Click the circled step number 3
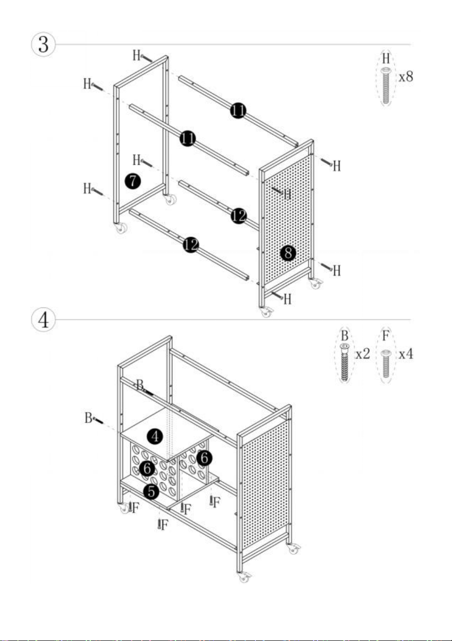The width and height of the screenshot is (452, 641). point(43,45)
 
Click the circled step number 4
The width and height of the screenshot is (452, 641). point(43,320)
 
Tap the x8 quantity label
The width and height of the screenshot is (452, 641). point(406,76)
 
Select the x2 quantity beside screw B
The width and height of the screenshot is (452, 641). point(362,354)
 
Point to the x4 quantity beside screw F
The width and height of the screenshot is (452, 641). point(406,354)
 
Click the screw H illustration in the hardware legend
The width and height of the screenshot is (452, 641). point(386,85)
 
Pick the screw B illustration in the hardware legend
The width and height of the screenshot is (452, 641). point(344,362)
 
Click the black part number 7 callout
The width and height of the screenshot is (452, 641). point(133,181)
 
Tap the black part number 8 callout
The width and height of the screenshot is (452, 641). point(288,253)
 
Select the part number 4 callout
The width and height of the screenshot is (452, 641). point(155,437)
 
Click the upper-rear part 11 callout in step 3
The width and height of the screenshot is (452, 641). point(238,110)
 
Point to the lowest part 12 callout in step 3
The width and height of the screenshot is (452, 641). point(191,244)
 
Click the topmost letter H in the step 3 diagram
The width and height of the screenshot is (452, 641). point(137,55)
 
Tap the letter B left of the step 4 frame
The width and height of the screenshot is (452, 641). point(88,417)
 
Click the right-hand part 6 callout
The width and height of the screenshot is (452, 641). point(204,458)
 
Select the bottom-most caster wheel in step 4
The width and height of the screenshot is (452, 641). point(244,577)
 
